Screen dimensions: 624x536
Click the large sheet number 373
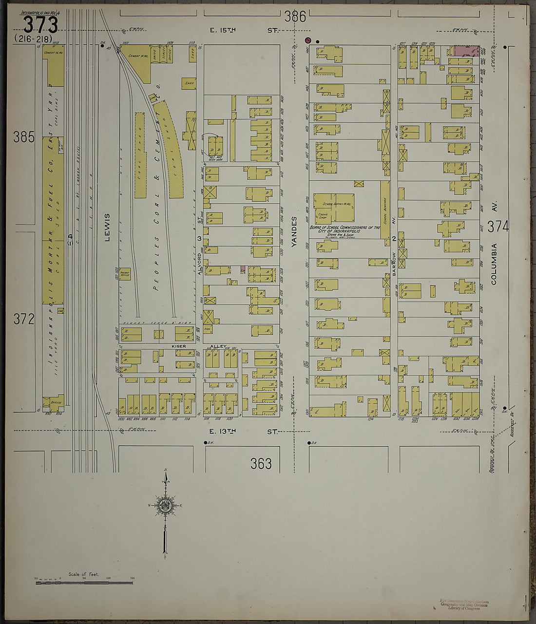[x=40, y=24]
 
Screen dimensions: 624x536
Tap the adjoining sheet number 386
[x=295, y=17]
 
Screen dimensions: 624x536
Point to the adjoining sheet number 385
[x=24, y=137]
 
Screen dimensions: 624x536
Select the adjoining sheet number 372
[x=24, y=319]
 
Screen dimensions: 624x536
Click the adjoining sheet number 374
[x=498, y=227]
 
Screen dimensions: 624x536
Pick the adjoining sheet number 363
[x=261, y=464]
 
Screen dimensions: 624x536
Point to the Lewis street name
[x=107, y=227]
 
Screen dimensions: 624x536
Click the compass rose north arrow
[x=166, y=507]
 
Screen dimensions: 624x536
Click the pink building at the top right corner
[x=465, y=50]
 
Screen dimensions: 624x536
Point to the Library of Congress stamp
[x=463, y=605]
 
